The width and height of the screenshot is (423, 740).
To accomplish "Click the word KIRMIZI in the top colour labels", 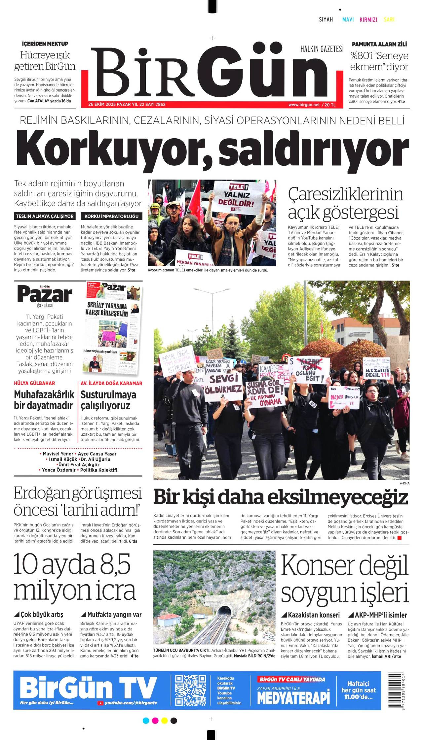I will (x=368, y=20).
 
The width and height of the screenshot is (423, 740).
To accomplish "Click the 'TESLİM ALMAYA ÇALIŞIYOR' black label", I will (x=45, y=217).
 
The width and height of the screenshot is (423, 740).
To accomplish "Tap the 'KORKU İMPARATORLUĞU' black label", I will (x=111, y=217).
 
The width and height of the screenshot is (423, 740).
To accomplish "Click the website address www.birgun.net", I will (x=304, y=105).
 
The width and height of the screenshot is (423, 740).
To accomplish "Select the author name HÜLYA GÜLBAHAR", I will (x=34, y=383).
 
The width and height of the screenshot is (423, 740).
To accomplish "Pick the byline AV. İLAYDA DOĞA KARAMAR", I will (x=111, y=383).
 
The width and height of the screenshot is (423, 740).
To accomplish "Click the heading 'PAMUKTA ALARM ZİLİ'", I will (x=379, y=44).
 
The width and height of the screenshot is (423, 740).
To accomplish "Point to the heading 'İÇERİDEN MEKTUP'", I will (x=45, y=44).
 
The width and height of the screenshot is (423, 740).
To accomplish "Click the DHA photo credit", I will (x=405, y=483).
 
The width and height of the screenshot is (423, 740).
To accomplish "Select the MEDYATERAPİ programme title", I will (x=293, y=698).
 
